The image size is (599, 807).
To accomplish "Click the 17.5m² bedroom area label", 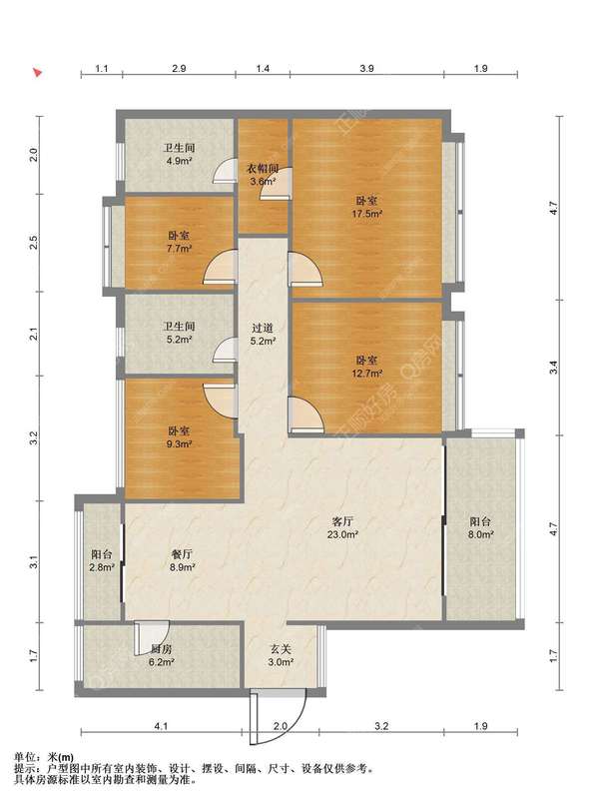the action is tap(367, 207).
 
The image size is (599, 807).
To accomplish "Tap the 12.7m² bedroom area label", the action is tap(367, 367).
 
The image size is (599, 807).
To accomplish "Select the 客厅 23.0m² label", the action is tap(342, 527).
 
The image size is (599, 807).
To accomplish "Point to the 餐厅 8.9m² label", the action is tap(182, 560).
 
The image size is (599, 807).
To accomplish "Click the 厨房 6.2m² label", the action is tap(161, 655).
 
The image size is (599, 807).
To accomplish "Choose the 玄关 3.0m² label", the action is tap(281, 655).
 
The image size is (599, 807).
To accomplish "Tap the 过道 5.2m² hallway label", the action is tap(263, 334).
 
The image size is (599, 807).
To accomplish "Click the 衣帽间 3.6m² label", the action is tap(263, 175).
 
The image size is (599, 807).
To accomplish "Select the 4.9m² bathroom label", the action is tap(179, 154).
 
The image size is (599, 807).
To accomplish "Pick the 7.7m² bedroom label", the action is tap(179, 242).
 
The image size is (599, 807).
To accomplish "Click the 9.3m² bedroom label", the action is tap(179, 436).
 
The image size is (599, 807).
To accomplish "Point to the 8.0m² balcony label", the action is tap(481, 527).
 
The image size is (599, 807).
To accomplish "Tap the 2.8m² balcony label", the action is tap(102, 560).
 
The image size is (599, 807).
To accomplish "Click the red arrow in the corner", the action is tap(37, 72).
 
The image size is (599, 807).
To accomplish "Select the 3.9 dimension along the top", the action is tap(366, 68).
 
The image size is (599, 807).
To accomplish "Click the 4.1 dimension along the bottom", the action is tap(161, 726).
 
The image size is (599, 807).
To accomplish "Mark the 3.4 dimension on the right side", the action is tap(553, 368).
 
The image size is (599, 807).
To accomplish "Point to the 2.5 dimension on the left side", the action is tap(34, 242).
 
